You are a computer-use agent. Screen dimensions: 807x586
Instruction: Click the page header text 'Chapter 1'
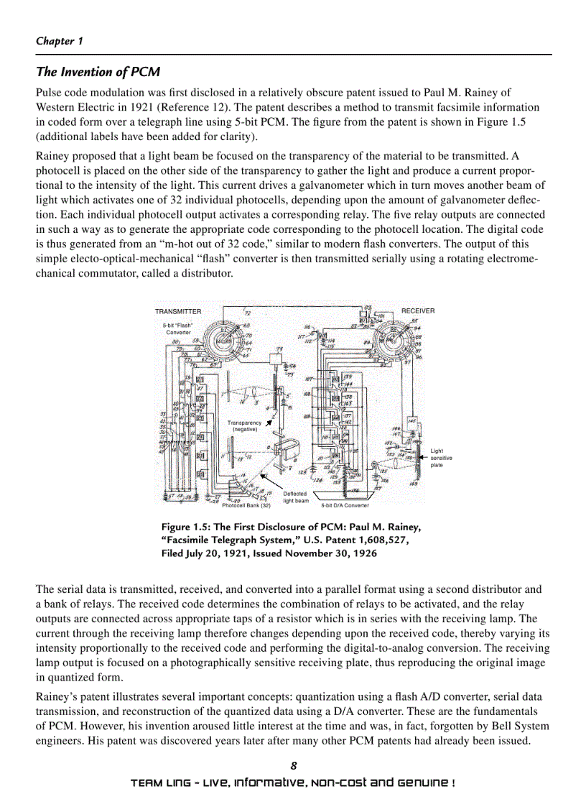(x=60, y=41)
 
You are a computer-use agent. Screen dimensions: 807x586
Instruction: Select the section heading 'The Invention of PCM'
(x=98, y=72)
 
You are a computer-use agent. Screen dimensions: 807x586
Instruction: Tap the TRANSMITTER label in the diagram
(x=178, y=311)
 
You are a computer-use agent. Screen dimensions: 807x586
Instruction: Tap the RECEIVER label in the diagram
(x=418, y=311)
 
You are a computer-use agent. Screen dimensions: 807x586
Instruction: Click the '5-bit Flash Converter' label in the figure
(x=178, y=329)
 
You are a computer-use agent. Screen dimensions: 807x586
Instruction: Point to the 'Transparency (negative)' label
(x=244, y=426)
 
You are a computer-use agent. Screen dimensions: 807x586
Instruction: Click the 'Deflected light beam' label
(x=296, y=497)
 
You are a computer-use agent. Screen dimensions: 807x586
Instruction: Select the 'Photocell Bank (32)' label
(x=246, y=505)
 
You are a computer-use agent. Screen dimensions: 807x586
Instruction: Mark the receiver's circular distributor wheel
(x=394, y=340)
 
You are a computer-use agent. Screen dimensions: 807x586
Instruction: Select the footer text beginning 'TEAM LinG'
(x=292, y=782)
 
